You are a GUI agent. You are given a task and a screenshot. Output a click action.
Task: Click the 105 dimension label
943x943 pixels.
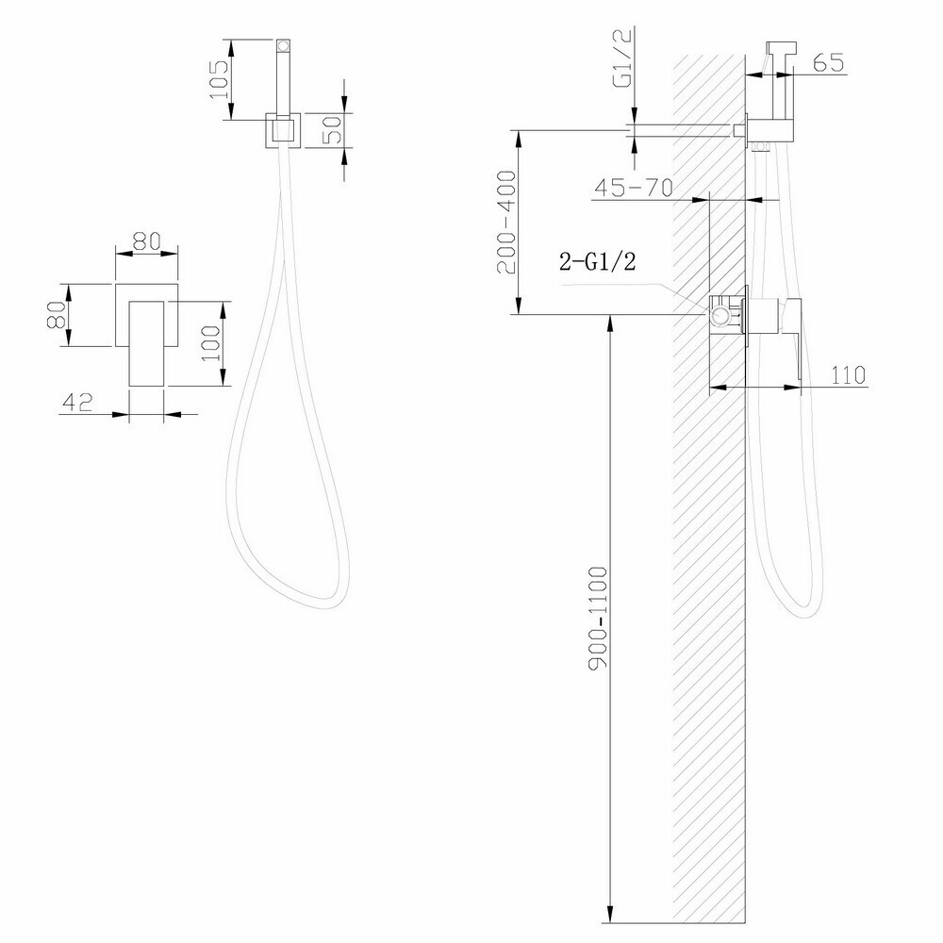219,80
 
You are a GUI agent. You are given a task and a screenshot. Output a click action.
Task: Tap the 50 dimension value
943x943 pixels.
331,129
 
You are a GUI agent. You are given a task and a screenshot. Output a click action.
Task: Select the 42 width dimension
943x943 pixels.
77,402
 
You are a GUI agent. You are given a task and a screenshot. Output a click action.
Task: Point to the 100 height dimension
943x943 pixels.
211,343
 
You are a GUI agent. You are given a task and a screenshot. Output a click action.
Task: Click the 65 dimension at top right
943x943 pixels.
829,62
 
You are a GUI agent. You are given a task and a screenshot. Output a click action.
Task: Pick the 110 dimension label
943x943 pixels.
848,375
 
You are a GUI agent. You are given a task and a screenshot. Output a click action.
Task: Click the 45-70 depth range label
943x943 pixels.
633,189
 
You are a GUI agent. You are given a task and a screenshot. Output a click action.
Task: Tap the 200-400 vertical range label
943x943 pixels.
506,223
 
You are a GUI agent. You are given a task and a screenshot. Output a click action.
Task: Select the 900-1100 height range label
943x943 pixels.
599,617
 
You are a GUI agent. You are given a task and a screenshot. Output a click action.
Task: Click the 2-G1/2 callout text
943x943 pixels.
597,261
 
